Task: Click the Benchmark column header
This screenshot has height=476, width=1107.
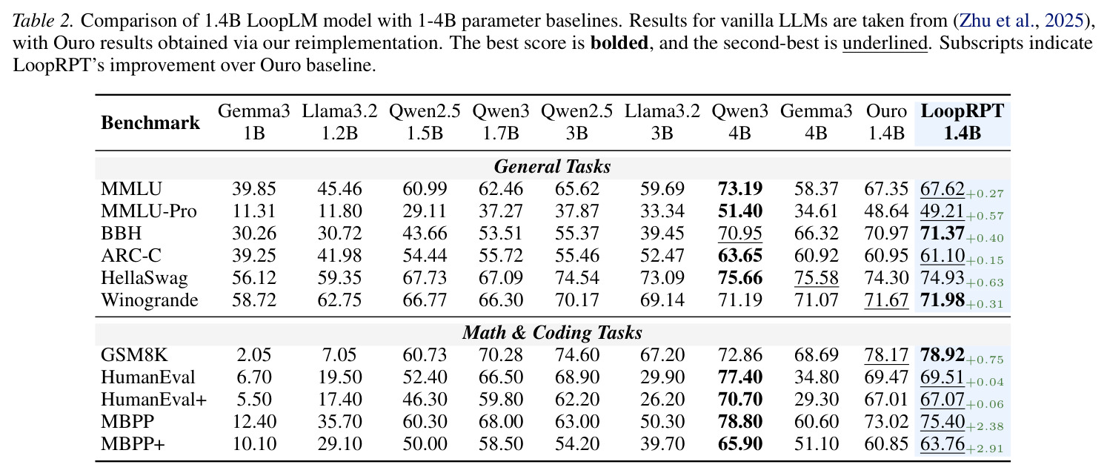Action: tap(150, 122)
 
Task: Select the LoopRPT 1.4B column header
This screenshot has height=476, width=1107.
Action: tap(963, 122)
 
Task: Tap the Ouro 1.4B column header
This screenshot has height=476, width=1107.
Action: tap(886, 122)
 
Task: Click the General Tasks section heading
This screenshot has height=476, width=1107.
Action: tap(552, 167)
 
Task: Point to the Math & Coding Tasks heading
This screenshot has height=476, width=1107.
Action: tap(552, 333)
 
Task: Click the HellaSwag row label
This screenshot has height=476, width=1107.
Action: tap(144, 278)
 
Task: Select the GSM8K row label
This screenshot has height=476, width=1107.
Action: tap(134, 355)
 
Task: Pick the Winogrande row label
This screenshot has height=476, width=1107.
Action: tap(149, 300)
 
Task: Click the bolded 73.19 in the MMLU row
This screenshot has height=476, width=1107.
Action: tap(739, 189)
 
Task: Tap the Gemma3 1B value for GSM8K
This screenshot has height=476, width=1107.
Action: tap(254, 355)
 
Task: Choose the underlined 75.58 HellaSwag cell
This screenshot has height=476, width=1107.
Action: tap(816, 278)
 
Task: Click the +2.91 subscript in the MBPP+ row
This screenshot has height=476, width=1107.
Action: tap(985, 449)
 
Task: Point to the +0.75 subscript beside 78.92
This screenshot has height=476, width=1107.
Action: tap(985, 360)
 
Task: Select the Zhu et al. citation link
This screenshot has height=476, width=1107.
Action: tap(1021, 21)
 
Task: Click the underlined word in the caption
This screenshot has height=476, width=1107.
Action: tap(885, 43)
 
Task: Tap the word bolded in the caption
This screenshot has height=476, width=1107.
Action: tap(619, 43)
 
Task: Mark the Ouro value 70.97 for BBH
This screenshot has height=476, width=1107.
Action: tap(886, 234)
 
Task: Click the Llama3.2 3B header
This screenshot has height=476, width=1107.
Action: tap(662, 122)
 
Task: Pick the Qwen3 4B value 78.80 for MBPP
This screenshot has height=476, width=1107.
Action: tap(739, 422)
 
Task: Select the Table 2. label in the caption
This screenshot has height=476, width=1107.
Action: tap(43, 21)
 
